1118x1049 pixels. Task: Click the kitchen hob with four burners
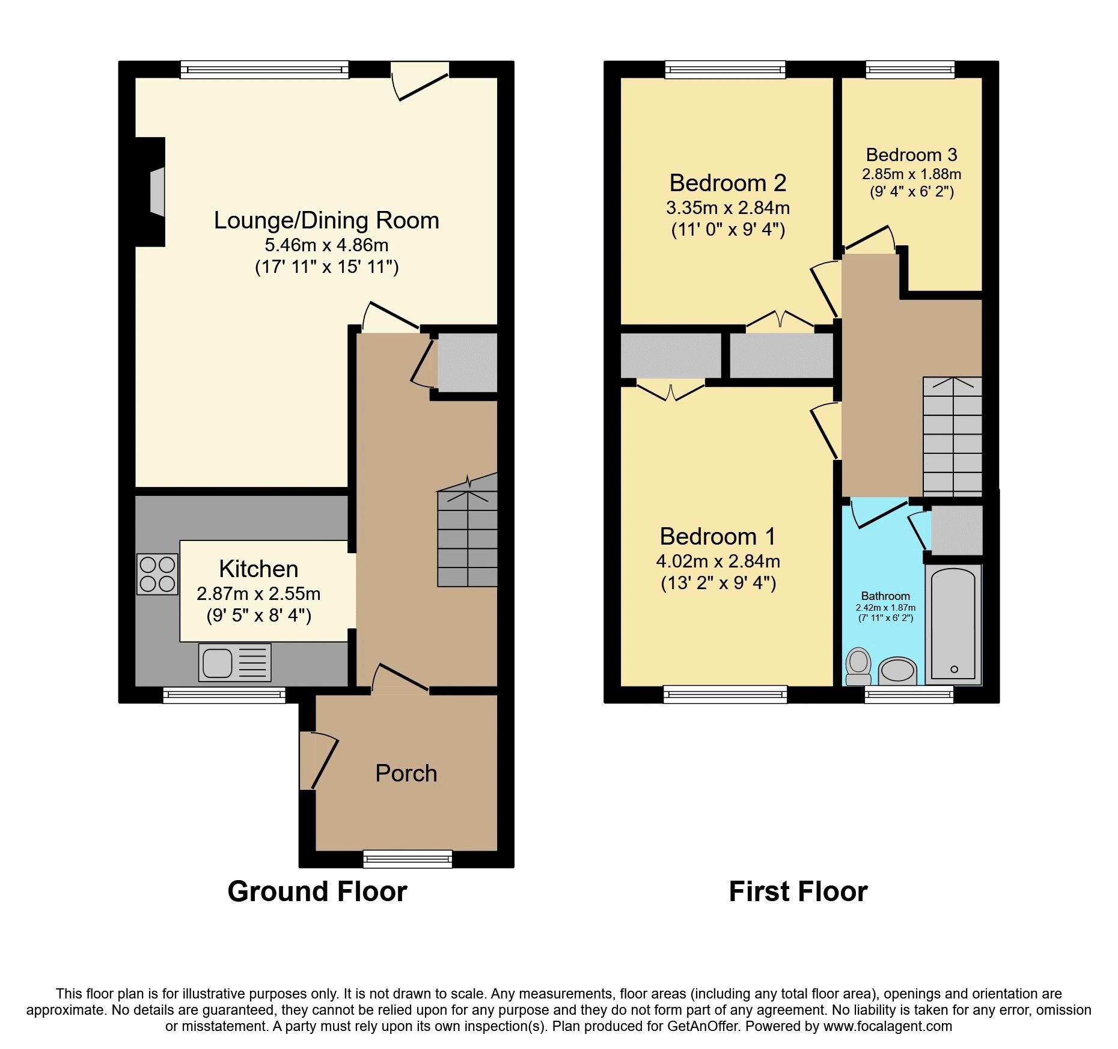pyautogui.click(x=157, y=574)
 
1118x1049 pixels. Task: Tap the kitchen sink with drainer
pyautogui.click(x=234, y=662)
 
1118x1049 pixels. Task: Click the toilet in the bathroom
pyautogui.click(x=858, y=666)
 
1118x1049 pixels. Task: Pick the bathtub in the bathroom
pyautogui.click(x=953, y=623)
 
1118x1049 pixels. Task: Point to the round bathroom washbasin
pyautogui.click(x=897, y=671)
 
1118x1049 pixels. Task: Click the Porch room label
pyautogui.click(x=406, y=773)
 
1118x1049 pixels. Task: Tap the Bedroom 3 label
pyautogui.click(x=911, y=154)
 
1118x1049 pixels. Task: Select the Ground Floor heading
pyautogui.click(x=317, y=891)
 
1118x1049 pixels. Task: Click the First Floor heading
pyautogui.click(x=798, y=891)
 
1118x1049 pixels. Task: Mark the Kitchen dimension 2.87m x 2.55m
pyautogui.click(x=258, y=594)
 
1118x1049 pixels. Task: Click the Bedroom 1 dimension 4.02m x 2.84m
pyautogui.click(x=718, y=561)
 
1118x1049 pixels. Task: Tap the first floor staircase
pyautogui.click(x=952, y=436)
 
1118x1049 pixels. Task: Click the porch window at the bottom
pyautogui.click(x=408, y=859)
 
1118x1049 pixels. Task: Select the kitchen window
pyautogui.click(x=224, y=696)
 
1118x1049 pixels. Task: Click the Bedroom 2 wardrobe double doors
pyautogui.click(x=780, y=322)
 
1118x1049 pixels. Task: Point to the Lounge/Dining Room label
pyautogui.click(x=326, y=220)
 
